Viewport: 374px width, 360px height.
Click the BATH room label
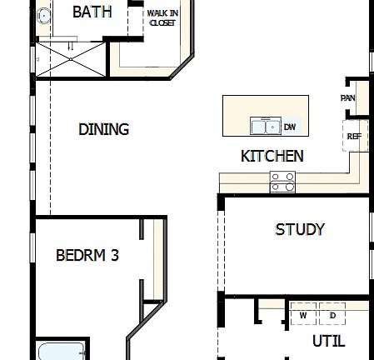click(92, 12)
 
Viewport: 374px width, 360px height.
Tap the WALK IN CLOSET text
click(162, 18)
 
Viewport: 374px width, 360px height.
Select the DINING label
click(104, 129)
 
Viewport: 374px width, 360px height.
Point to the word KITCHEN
click(272, 156)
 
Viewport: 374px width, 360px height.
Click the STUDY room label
click(299, 229)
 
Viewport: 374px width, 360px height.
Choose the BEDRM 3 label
click(87, 255)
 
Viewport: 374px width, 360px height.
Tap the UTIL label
click(327, 341)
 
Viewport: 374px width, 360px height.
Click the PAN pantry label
click(348, 97)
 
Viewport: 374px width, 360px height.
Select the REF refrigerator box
click(353, 135)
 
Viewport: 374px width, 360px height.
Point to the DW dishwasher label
click(290, 127)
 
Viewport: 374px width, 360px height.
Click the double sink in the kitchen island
click(266, 127)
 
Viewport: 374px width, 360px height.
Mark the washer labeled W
click(303, 315)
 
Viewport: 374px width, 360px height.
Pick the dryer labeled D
click(332, 315)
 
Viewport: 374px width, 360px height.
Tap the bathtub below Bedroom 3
click(61, 351)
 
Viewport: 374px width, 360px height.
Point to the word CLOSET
click(162, 23)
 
